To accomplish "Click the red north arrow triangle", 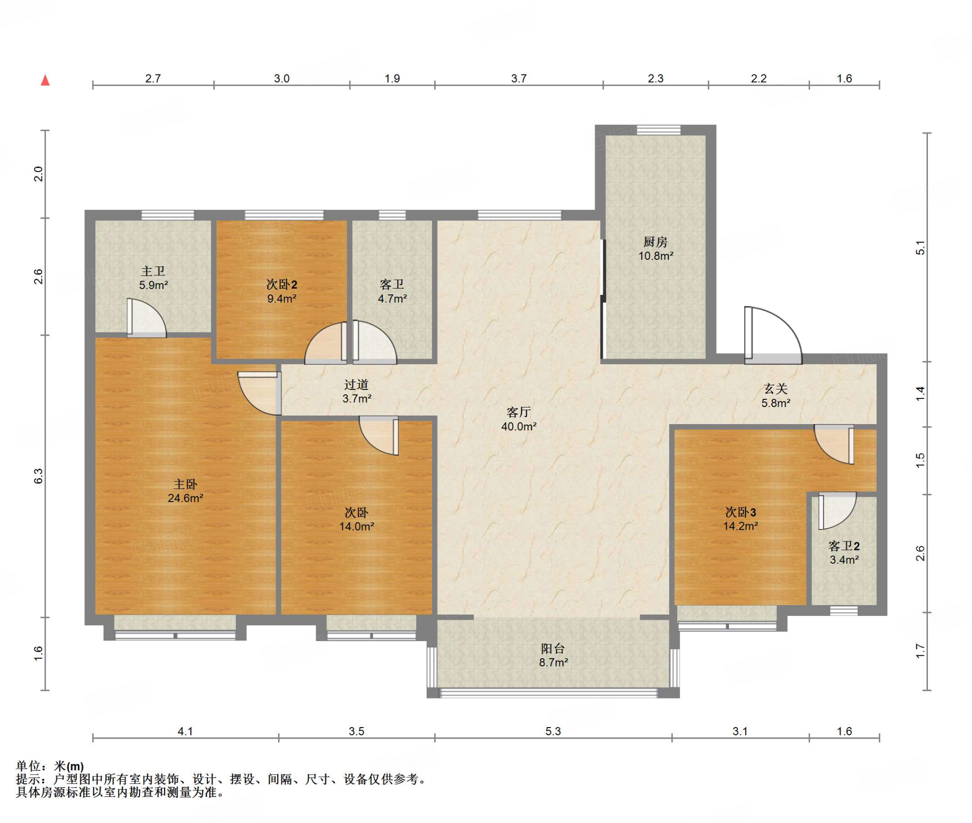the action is pos(46,80).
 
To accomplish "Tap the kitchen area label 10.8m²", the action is pos(655,256).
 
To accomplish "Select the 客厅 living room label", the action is pos(518,412).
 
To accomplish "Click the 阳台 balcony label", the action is pos(553,648).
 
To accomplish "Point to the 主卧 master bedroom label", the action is pos(185,484).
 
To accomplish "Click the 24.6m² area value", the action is pos(185,498).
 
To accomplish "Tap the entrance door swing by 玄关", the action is pos(773,335).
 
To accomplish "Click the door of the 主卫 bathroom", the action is pos(147,318).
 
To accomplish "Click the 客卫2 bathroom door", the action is pos(837,511).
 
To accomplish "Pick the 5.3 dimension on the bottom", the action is pos(553,731).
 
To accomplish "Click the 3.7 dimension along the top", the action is pos(519,78).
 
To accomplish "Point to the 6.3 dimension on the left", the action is pos(38,476).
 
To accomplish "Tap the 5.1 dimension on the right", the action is pos(920,248).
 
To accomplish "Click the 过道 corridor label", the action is pos(356,384).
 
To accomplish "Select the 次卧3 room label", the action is pos(740,512).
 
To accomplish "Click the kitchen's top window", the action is pos(658,130).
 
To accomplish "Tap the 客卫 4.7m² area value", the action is pos(392,299).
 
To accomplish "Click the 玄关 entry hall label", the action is pos(776,389).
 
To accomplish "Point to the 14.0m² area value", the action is pos(356,526).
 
